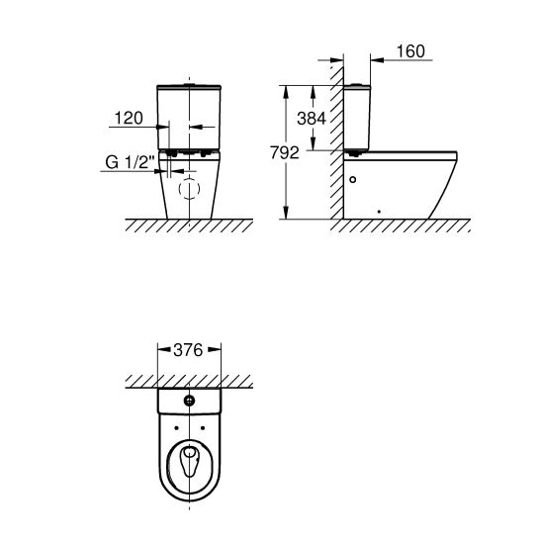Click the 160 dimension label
coord(410,51)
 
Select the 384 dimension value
coord(312,119)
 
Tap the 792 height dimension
coord(285,152)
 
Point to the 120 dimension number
coord(129,118)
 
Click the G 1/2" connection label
coord(130,162)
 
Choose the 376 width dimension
coord(188,350)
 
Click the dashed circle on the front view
coord(189,189)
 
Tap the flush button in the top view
coord(189,401)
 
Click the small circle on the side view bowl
coord(352,179)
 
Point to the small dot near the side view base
coord(379,212)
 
